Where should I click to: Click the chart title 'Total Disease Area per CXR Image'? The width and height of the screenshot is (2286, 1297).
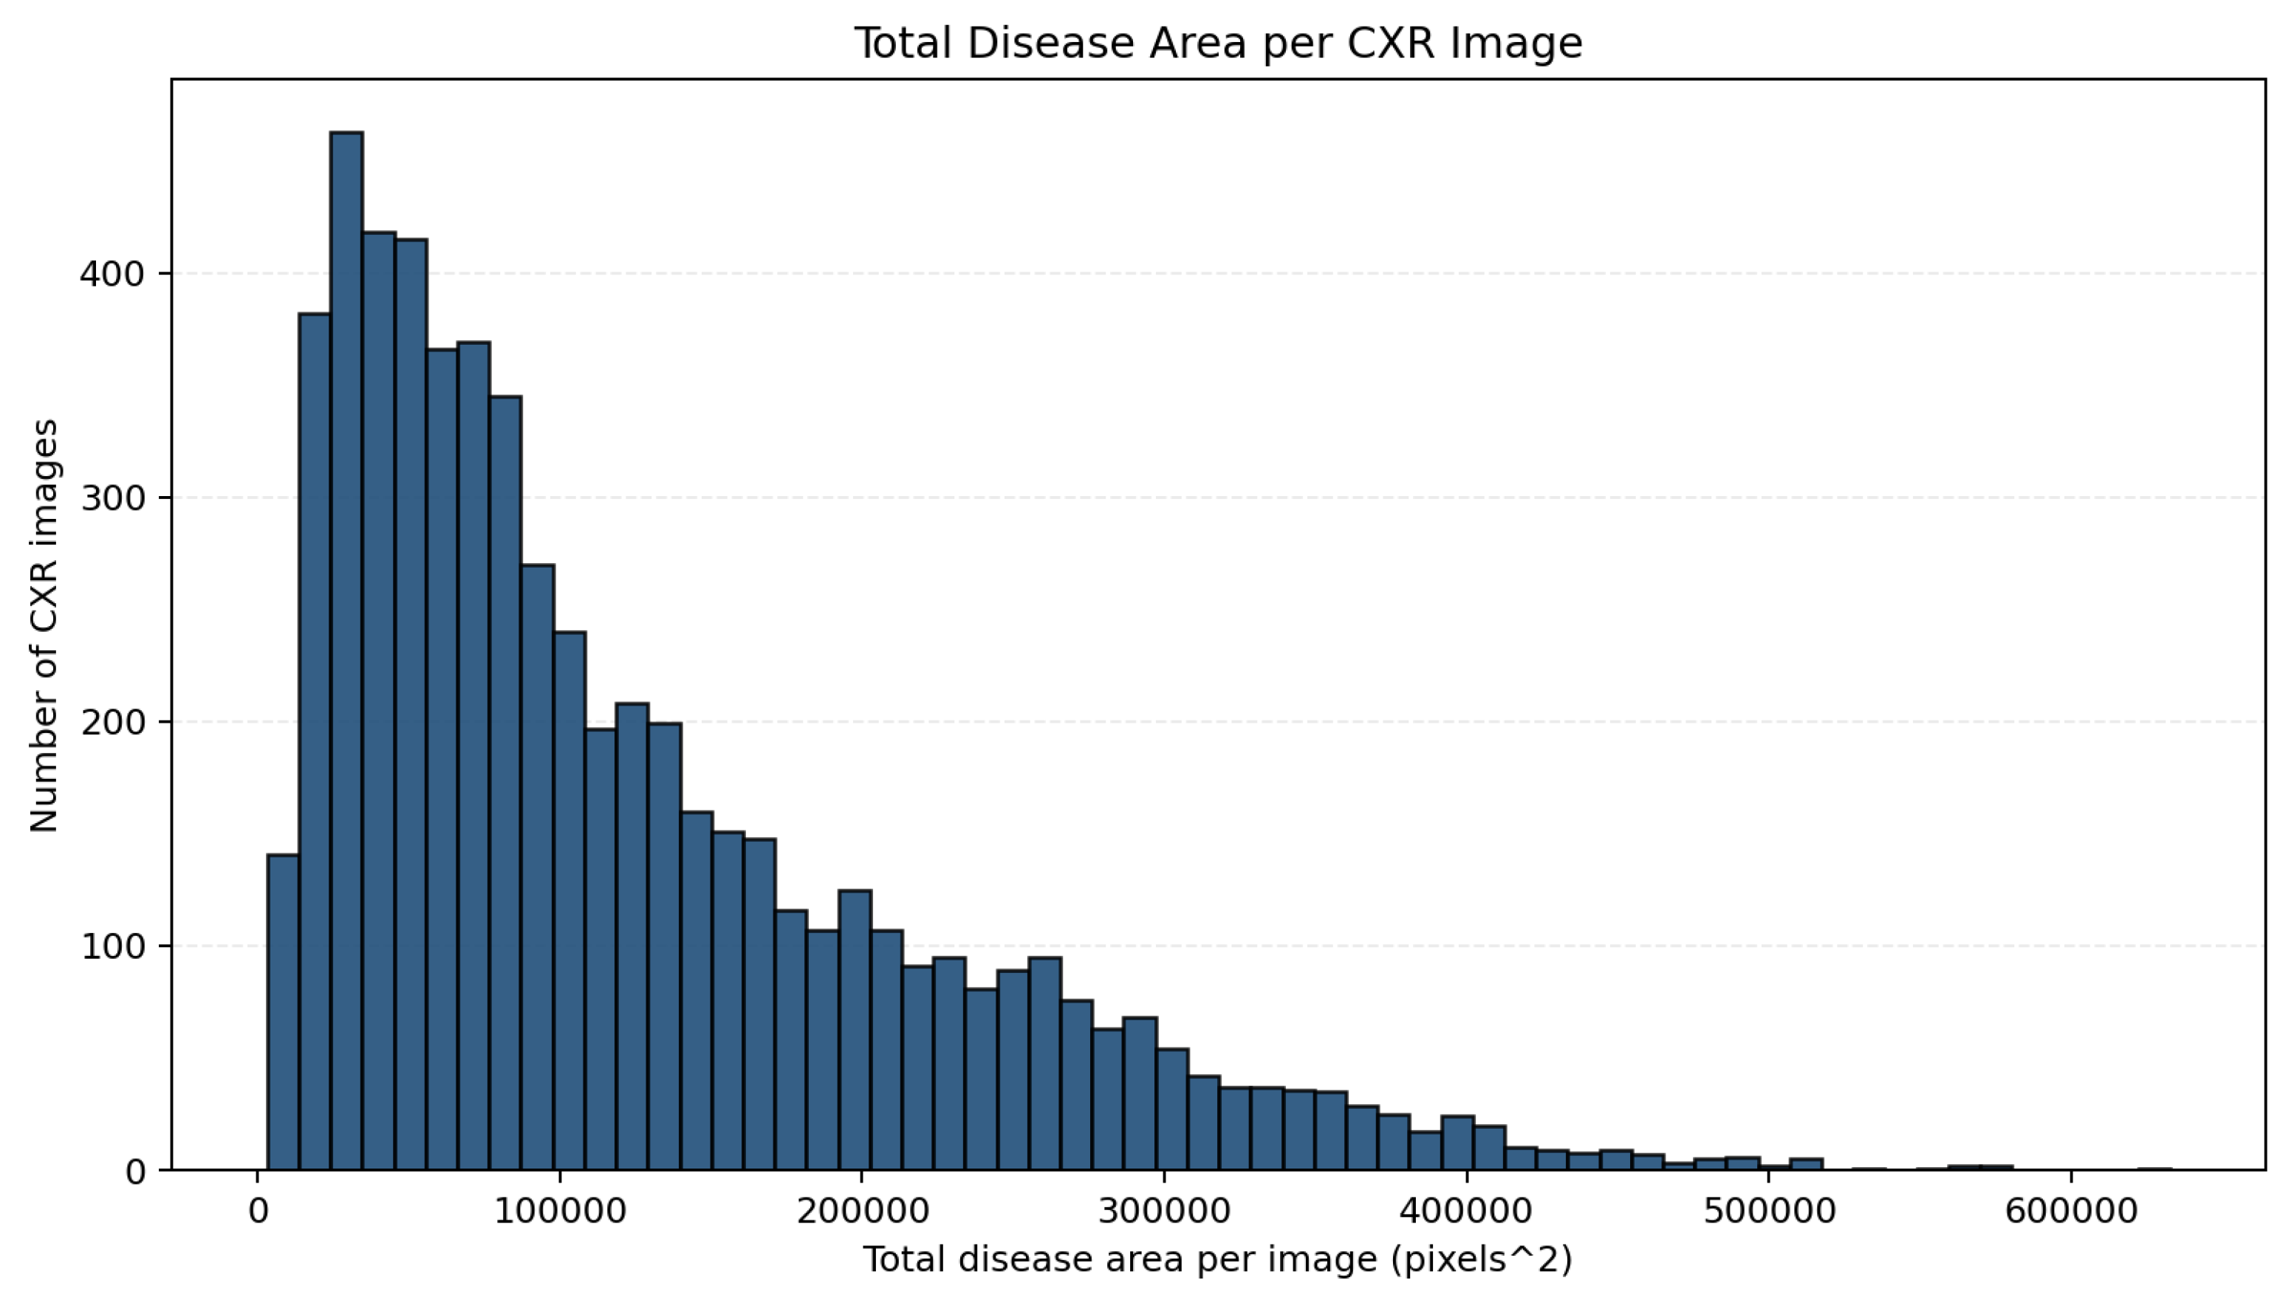(x=1218, y=43)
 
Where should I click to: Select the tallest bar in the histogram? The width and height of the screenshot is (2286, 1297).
(x=346, y=650)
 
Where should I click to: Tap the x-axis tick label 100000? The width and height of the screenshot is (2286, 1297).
(x=560, y=1211)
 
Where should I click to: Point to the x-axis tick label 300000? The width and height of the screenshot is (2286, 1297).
(x=1164, y=1211)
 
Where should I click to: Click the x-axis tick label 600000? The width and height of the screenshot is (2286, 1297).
(x=2070, y=1211)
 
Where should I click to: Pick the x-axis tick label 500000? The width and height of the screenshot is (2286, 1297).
(x=1768, y=1211)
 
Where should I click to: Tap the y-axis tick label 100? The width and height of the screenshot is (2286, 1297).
(x=112, y=946)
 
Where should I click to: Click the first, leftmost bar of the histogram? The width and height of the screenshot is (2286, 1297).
(x=284, y=1012)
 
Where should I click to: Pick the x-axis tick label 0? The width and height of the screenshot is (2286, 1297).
(x=259, y=1211)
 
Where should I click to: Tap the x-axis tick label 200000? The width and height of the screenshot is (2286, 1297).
(x=862, y=1211)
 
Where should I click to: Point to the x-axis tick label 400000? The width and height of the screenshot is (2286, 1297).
(x=1466, y=1211)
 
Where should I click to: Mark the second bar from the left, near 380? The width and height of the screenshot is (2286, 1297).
(x=315, y=741)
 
